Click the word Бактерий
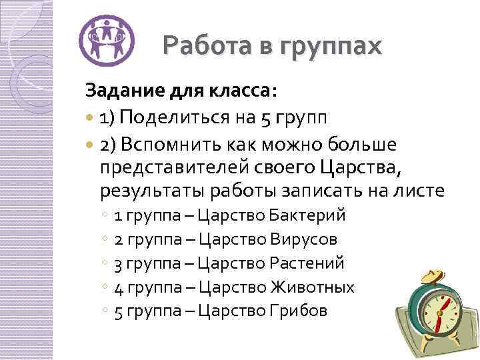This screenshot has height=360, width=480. coord(308,216)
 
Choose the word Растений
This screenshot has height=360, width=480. coord(307,263)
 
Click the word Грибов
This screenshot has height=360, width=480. coord(299,311)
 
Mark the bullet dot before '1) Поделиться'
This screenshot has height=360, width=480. coord(91,120)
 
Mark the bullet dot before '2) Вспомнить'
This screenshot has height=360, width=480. coord(91,146)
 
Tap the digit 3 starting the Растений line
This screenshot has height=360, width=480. coord(119,264)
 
